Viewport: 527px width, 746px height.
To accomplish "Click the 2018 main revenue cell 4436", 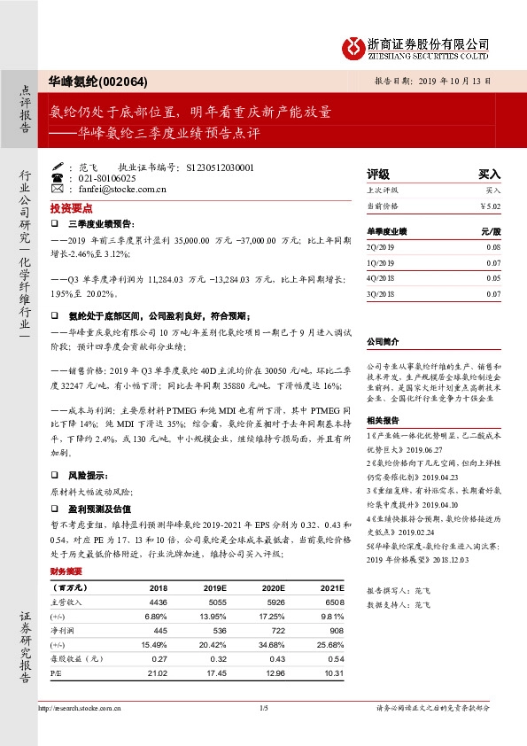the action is pyautogui.click(x=159, y=602).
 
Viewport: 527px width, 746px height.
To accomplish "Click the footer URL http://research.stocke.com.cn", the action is pyautogui.click(x=81, y=708).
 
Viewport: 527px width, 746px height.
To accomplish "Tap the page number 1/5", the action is pyautogui.click(x=263, y=708).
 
